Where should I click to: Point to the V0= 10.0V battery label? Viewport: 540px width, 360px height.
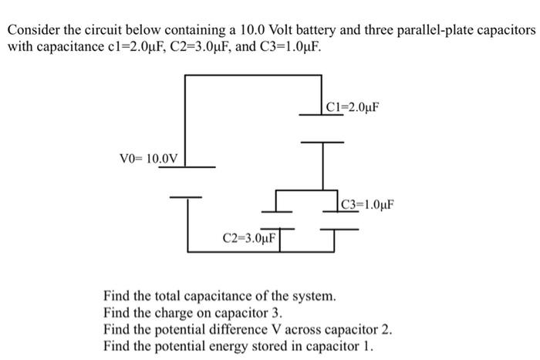point(149,159)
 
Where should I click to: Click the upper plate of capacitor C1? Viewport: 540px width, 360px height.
point(322,116)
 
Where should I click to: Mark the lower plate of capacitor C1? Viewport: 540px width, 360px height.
point(322,142)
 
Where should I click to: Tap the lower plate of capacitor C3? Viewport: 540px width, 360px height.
point(336,229)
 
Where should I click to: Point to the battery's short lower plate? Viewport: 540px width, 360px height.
point(187,196)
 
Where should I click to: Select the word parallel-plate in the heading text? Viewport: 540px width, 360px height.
point(443,30)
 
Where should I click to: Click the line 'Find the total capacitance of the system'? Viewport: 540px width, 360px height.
point(220,295)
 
